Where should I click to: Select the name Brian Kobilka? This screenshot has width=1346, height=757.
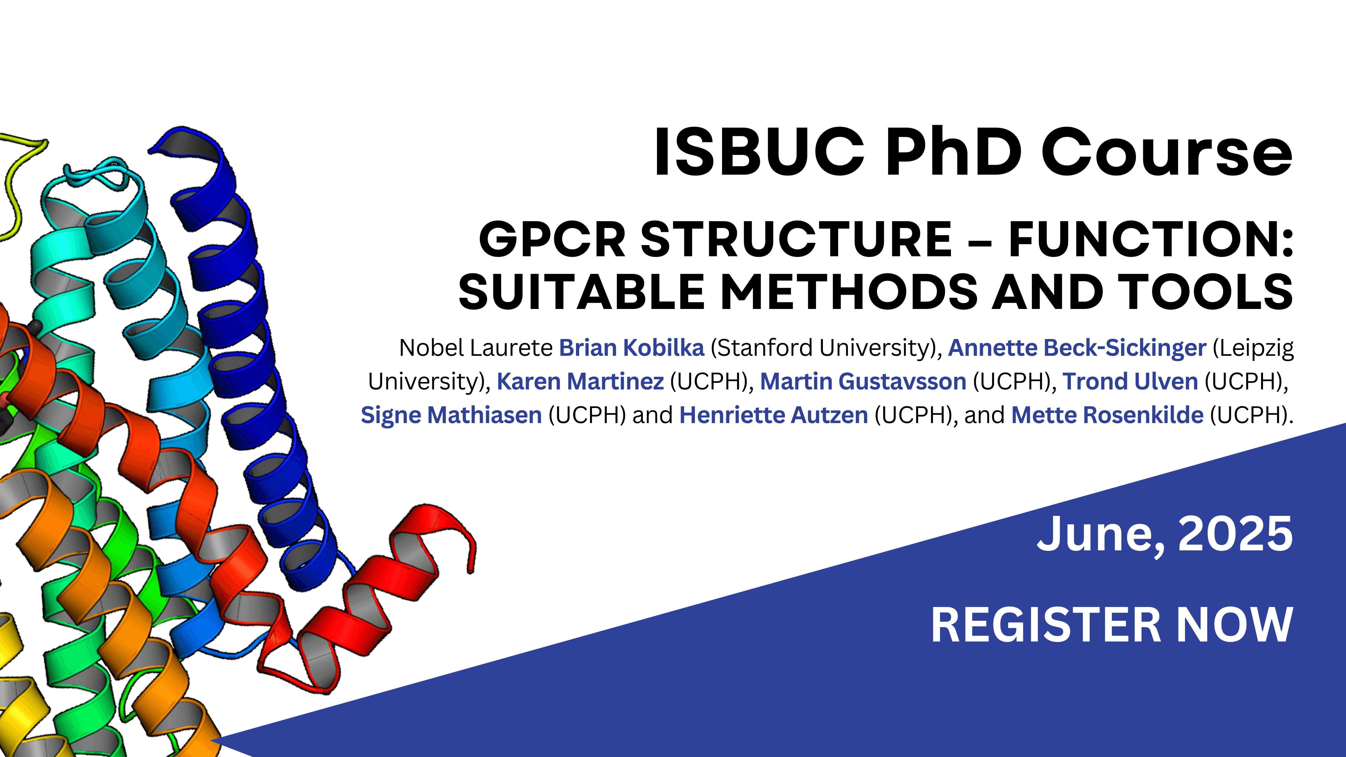tap(632, 348)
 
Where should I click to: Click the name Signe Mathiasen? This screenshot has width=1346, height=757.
tap(451, 415)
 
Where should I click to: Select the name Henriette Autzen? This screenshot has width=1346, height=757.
tap(774, 415)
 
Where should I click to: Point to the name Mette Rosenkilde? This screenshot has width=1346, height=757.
tap(1108, 415)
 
